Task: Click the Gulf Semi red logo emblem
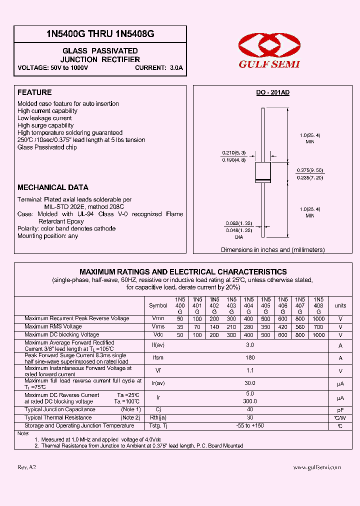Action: coord(268,46)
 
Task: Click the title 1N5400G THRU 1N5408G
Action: coord(100,34)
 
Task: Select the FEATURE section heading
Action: coord(34,92)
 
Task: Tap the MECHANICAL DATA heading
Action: coord(49,187)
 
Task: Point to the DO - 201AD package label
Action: coord(272,93)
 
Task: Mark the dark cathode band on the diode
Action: coord(263,179)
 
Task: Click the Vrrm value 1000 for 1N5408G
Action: coord(318,318)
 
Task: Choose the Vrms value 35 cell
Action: coord(180,327)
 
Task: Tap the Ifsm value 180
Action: coord(250,357)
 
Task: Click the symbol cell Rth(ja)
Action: coord(158,418)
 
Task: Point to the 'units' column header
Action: coord(340,305)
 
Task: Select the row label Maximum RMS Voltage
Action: coord(53,326)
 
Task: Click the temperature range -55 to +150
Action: coord(250,426)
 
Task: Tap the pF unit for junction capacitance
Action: coord(340,409)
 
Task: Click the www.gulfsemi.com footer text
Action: coord(316,467)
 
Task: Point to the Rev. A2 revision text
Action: coord(26,467)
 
